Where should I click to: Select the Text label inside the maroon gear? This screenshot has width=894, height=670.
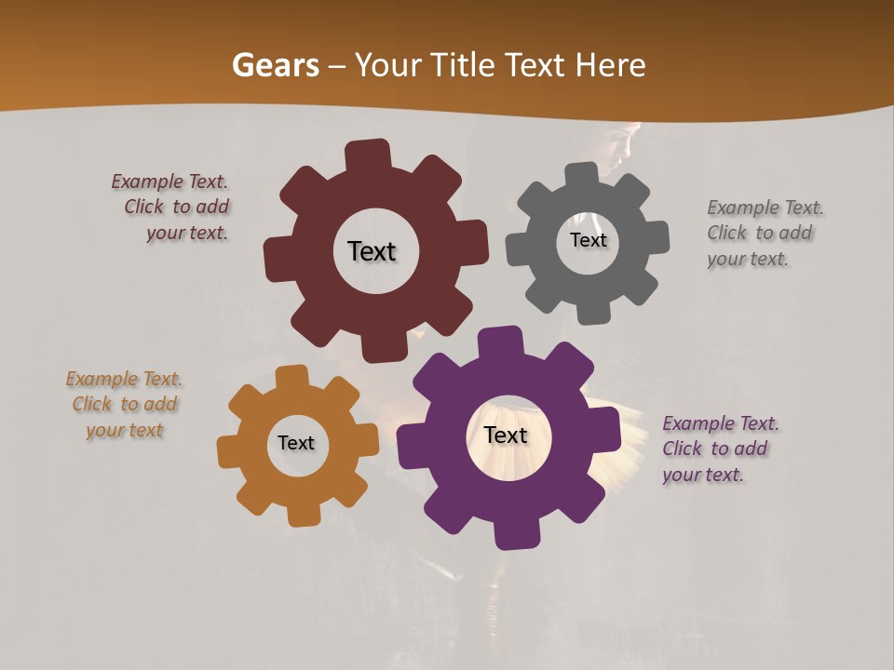click(372, 251)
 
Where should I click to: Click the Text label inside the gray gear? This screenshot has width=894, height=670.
click(588, 240)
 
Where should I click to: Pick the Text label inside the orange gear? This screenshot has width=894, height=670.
click(296, 443)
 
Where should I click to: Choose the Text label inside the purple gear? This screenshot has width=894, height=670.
click(506, 435)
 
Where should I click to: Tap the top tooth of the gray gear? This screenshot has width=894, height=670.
click(581, 176)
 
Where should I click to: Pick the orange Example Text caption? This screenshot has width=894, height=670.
click(124, 405)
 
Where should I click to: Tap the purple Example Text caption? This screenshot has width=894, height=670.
click(718, 449)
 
